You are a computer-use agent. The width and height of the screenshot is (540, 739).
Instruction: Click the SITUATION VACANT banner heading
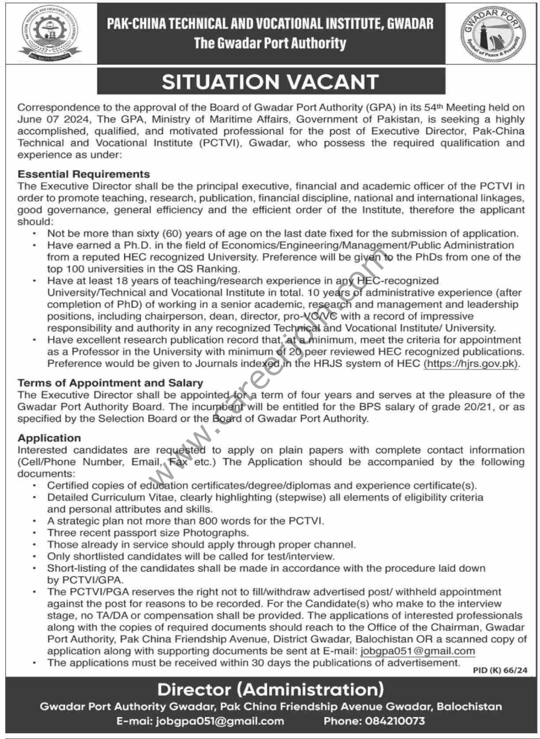coord(270,81)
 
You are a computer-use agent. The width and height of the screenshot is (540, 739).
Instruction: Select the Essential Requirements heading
coord(84,174)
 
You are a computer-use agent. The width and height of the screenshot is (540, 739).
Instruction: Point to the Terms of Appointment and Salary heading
coord(110,383)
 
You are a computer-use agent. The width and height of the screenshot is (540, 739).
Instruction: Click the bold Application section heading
coord(49,438)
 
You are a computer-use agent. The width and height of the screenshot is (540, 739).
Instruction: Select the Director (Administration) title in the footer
coord(270,689)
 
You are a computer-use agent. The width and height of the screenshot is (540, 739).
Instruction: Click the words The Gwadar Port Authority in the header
coord(270,43)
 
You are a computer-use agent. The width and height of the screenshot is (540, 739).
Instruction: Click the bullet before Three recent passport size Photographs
coord(35,533)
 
